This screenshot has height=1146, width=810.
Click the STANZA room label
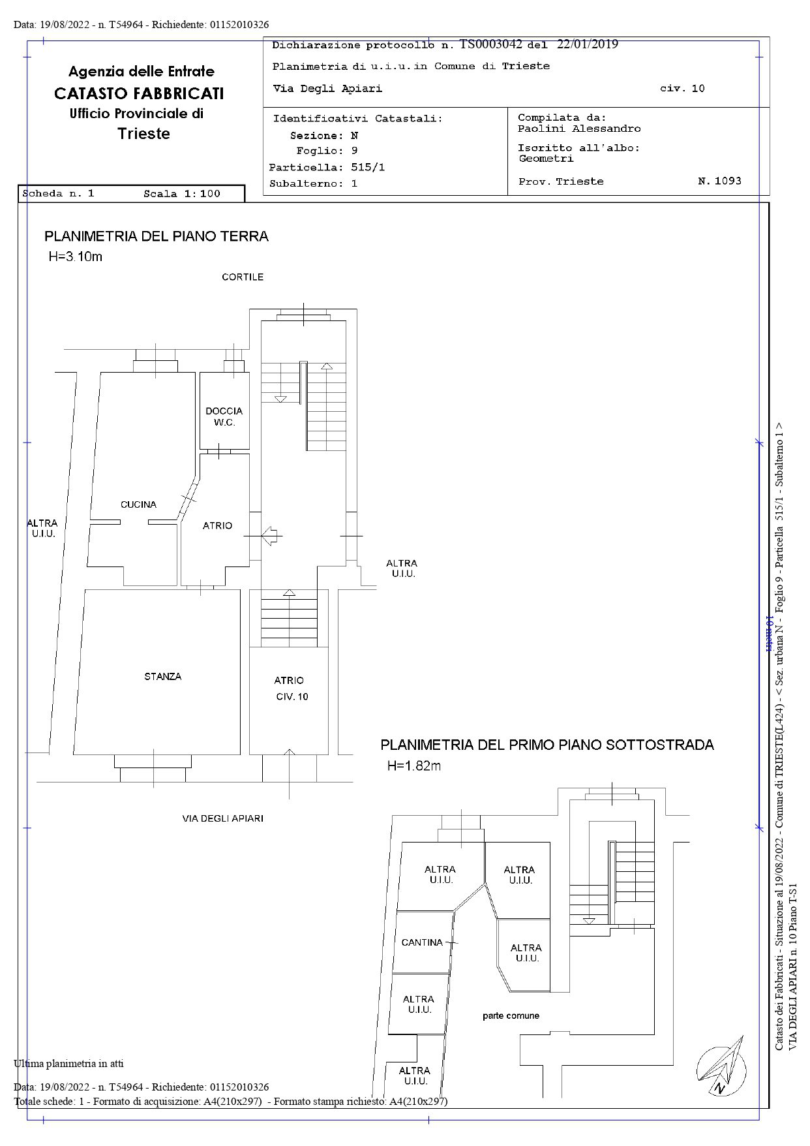pos(163,677)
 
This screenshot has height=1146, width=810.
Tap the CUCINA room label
pos(138,504)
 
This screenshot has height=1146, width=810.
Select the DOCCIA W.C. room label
pos(224,416)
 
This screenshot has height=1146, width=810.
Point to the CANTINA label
pos(422,942)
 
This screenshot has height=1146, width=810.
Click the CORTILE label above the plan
pos(243,277)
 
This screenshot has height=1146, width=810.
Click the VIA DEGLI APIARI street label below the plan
pos(222,818)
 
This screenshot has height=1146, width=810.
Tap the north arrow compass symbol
pos(721,1066)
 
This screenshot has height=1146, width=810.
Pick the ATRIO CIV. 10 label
pos(290,689)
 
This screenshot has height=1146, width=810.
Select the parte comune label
pos(511,1015)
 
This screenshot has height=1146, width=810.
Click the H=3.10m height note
pos(76,256)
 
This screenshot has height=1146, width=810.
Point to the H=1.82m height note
pos(414,766)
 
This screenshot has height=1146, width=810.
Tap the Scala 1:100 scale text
pos(182,194)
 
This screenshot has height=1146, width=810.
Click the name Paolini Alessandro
pos(579,129)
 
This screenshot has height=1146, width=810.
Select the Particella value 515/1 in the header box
pos(368,167)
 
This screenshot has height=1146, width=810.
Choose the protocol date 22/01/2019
pos(588,44)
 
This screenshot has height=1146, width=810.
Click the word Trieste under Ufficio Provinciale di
pos(144,134)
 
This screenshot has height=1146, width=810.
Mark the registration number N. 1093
pos(719,181)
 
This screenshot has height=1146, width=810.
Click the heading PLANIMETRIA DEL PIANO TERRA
pos(157,236)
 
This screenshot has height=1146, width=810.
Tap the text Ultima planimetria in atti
pos(68,1063)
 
